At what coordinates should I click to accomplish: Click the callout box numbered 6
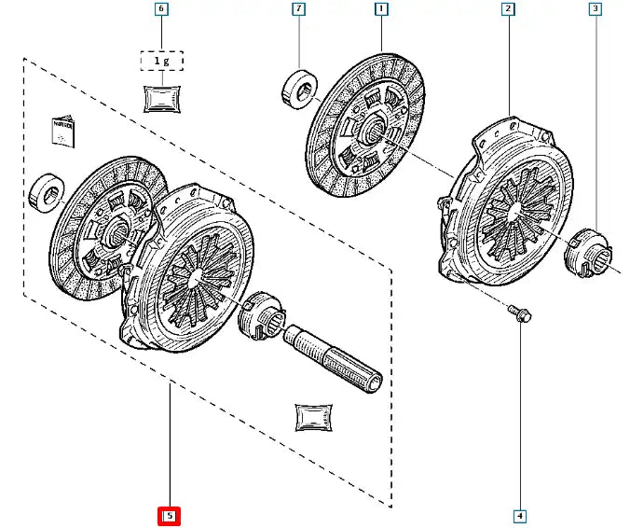click(x=162, y=11)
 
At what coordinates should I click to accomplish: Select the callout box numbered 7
click(x=298, y=11)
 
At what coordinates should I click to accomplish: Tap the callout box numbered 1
click(x=381, y=11)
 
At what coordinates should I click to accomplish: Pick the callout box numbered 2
click(x=508, y=11)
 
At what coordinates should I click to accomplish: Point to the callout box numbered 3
click(x=595, y=11)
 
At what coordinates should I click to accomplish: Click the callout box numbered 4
click(x=519, y=515)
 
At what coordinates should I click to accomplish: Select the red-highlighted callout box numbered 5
click(x=170, y=515)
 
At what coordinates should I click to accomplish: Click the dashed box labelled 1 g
click(x=162, y=62)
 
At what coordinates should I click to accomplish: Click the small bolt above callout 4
click(x=520, y=314)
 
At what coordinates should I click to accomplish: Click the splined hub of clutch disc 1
click(x=377, y=133)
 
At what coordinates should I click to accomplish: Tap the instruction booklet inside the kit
click(x=61, y=132)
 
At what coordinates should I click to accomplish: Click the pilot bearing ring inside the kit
click(x=46, y=191)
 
